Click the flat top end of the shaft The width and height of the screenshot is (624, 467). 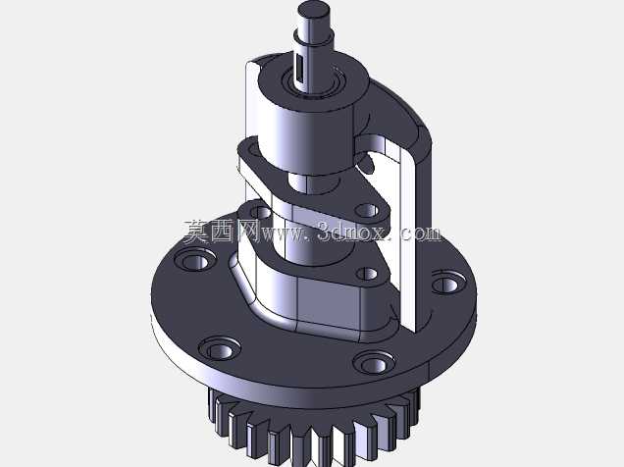point(314,8)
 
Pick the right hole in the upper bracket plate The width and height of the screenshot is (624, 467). point(367,211)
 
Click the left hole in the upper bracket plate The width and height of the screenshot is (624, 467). point(253,150)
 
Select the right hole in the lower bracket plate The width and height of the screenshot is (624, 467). point(367,274)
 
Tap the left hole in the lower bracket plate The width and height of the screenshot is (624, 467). point(261,212)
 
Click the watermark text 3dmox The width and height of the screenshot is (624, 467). point(353,232)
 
